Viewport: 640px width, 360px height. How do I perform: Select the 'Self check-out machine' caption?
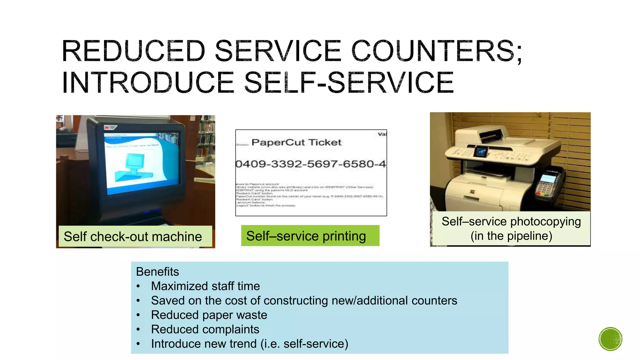click(x=133, y=237)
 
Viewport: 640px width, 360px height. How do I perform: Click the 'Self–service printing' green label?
click(x=306, y=236)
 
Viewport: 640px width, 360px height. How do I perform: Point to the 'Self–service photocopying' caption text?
click(x=511, y=222)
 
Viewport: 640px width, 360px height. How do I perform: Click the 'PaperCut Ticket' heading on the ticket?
click(x=296, y=142)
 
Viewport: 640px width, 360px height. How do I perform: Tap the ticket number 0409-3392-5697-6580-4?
click(x=310, y=164)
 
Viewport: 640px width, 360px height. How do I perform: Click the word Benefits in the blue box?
click(x=157, y=272)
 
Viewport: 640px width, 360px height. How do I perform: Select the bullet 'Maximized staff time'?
click(x=205, y=286)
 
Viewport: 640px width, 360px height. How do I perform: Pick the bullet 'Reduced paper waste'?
click(x=209, y=315)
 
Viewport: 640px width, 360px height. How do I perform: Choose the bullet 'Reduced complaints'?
click(x=205, y=329)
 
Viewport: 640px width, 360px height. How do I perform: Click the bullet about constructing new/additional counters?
click(x=304, y=300)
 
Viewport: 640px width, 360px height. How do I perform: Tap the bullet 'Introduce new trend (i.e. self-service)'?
click(x=249, y=343)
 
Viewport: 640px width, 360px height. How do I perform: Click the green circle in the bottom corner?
click(x=610, y=339)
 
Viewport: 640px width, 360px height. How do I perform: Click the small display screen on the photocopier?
click(x=481, y=152)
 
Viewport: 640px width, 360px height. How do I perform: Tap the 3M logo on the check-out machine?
click(x=107, y=127)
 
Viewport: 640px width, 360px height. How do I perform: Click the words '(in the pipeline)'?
click(x=511, y=236)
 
